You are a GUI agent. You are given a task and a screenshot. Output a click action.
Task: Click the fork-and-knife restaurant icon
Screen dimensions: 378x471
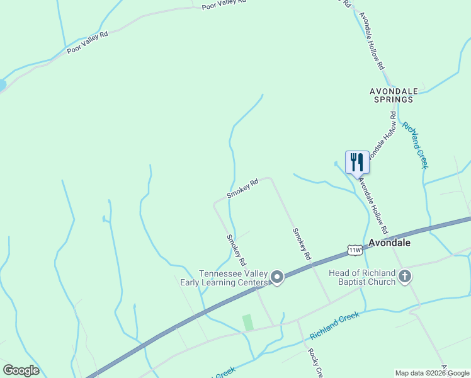coord(357,162)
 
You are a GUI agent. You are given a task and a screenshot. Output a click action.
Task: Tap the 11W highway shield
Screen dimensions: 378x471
coord(355,250)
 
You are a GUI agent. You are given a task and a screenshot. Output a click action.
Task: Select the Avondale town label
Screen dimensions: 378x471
coord(389,243)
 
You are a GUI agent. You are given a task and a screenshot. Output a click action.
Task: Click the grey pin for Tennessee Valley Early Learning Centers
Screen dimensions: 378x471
coord(276,277)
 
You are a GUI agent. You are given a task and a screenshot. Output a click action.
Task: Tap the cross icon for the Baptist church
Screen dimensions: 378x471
coord(405,276)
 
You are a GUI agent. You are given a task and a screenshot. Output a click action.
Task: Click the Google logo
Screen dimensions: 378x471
coord(21,370)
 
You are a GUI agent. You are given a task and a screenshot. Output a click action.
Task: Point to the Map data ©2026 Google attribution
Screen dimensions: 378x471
coord(433,373)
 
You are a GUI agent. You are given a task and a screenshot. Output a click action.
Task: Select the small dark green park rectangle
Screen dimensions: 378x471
coord(248,322)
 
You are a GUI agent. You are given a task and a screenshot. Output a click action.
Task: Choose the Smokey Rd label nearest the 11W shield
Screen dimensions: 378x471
coord(302,244)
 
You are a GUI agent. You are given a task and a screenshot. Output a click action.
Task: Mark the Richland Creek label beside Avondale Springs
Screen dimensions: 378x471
coord(415,145)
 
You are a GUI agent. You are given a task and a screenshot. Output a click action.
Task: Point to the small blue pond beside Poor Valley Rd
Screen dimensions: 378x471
coord(2,84)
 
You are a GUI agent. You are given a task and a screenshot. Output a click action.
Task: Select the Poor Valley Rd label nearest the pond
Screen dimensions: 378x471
coord(88,42)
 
